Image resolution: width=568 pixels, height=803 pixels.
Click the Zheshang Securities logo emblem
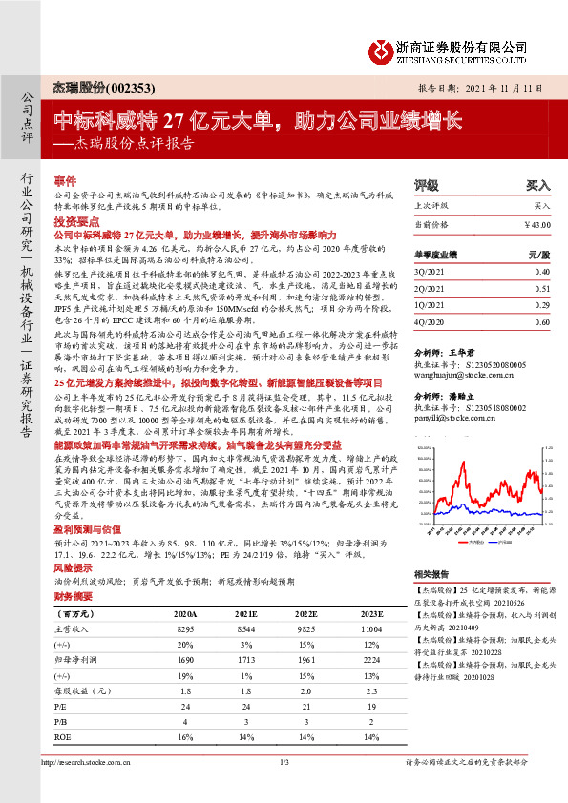(x=382, y=50)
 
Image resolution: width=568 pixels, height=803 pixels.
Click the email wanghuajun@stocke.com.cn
(x=460, y=362)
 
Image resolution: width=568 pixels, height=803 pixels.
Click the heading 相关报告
(x=426, y=574)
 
